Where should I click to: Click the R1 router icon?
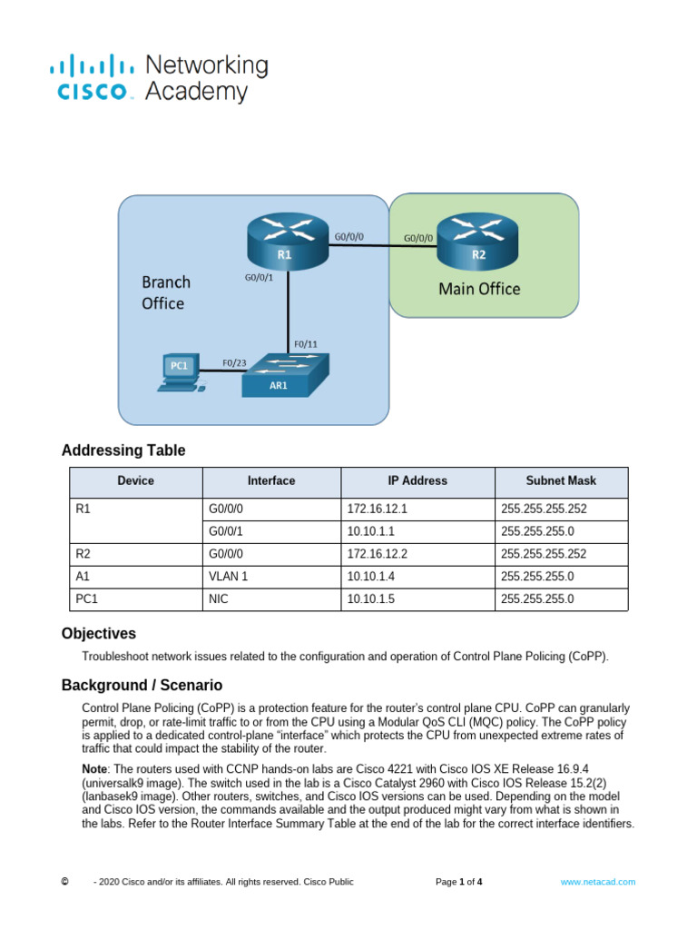point(286,241)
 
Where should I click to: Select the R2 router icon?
point(478,241)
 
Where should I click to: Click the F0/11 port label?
point(306,345)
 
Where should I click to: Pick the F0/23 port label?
point(235,362)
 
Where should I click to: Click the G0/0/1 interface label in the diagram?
point(259,277)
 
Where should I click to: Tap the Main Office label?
point(479,289)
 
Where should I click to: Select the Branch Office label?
point(165,292)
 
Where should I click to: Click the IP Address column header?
point(417,480)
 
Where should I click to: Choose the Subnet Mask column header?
point(561,480)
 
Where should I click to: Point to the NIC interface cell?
point(218,599)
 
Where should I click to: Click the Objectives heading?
point(98,634)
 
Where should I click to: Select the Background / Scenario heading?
point(142,685)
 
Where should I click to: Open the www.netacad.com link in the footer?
point(597,882)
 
